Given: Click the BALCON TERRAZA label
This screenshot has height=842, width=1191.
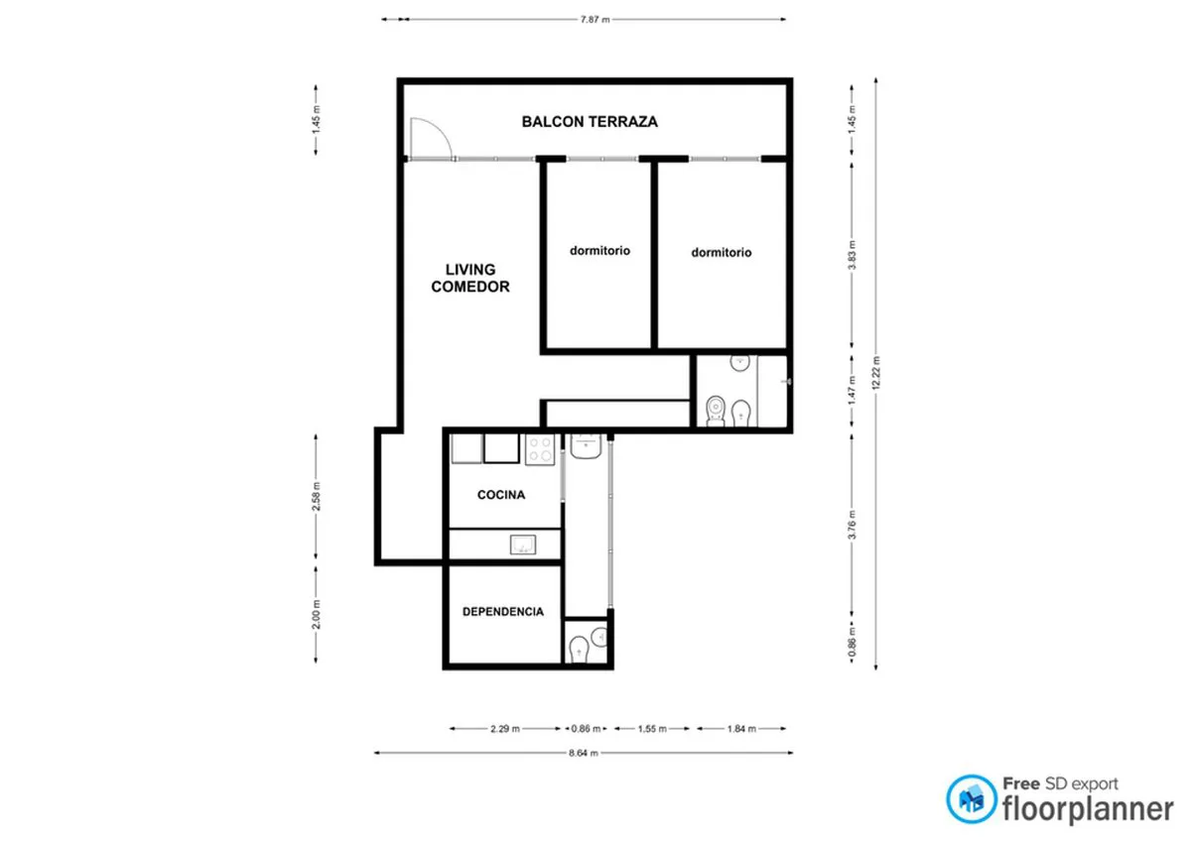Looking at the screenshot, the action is pyautogui.click(x=590, y=122).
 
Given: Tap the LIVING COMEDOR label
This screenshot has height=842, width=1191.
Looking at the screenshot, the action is pyautogui.click(x=470, y=279).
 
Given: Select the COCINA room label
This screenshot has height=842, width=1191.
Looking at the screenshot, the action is pyautogui.click(x=501, y=495).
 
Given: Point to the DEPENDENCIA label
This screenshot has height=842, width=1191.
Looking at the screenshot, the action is pyautogui.click(x=503, y=612).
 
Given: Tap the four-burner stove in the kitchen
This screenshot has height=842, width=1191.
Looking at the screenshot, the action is pyautogui.click(x=540, y=449).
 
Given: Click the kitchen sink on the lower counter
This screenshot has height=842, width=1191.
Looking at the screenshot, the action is pyautogui.click(x=523, y=544).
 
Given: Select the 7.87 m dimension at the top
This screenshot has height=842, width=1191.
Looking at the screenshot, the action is pyautogui.click(x=595, y=20).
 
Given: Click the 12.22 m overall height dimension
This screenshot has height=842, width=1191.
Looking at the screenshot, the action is pyautogui.click(x=876, y=373).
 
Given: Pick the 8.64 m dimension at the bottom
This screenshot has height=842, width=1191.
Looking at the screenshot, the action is pyautogui.click(x=584, y=753).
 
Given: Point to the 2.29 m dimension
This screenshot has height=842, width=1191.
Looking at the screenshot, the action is pyautogui.click(x=505, y=729).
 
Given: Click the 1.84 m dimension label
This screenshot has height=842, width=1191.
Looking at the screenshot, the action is pyautogui.click(x=741, y=729).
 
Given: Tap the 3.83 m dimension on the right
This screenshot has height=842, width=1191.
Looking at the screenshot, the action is pyautogui.click(x=853, y=255).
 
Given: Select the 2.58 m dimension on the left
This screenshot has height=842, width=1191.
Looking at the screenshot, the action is pyautogui.click(x=317, y=497).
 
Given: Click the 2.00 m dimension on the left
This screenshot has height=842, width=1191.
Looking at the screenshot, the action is pyautogui.click(x=317, y=615).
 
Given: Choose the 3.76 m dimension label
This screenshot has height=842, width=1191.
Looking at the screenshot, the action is pyautogui.click(x=853, y=525).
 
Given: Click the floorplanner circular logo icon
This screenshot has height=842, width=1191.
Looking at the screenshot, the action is pyautogui.click(x=972, y=799).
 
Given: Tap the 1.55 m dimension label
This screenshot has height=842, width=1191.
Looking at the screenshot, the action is pyautogui.click(x=652, y=729).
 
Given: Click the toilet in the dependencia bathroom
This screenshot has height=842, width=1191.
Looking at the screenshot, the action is pyautogui.click(x=579, y=651).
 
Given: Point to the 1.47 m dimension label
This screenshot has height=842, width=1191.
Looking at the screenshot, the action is pyautogui.click(x=853, y=391).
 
